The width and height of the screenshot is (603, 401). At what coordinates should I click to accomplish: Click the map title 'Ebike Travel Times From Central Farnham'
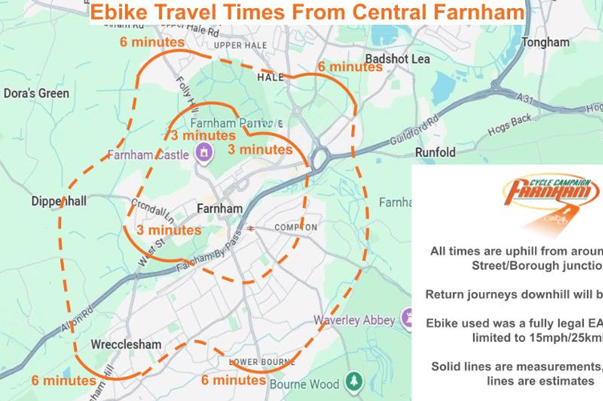click(x=308, y=13)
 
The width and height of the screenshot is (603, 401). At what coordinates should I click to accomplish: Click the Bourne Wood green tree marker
click(x=351, y=382)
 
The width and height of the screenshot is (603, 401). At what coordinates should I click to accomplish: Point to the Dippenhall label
click(x=59, y=202)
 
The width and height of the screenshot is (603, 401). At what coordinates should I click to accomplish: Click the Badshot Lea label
click(x=397, y=59)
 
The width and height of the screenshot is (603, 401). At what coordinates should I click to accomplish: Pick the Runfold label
click(x=435, y=152)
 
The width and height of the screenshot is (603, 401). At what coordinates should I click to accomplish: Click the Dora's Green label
click(x=36, y=94)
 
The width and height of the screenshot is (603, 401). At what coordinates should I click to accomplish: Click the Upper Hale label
click(x=234, y=46)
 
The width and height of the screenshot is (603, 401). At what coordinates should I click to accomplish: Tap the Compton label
click(x=296, y=227)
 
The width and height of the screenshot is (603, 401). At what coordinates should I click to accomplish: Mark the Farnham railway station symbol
click(x=251, y=227)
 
